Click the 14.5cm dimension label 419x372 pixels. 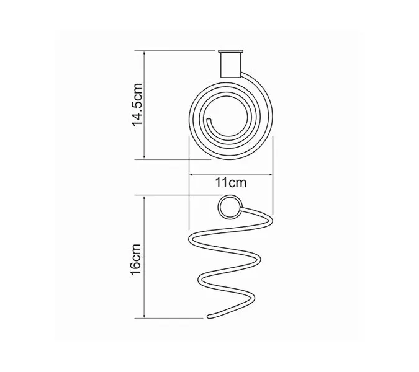coord(137,104)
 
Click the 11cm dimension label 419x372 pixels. coord(231,183)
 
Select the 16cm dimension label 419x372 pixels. coord(135,259)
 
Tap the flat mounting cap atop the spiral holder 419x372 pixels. coord(230,51)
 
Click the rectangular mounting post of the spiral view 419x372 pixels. coord(230,65)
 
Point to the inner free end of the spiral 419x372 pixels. coord(210,119)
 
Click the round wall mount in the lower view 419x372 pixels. coord(229,207)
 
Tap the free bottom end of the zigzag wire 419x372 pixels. coord(209,317)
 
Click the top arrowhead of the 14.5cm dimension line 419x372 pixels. coord(144,53)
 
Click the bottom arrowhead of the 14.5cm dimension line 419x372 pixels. coord(144,157)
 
